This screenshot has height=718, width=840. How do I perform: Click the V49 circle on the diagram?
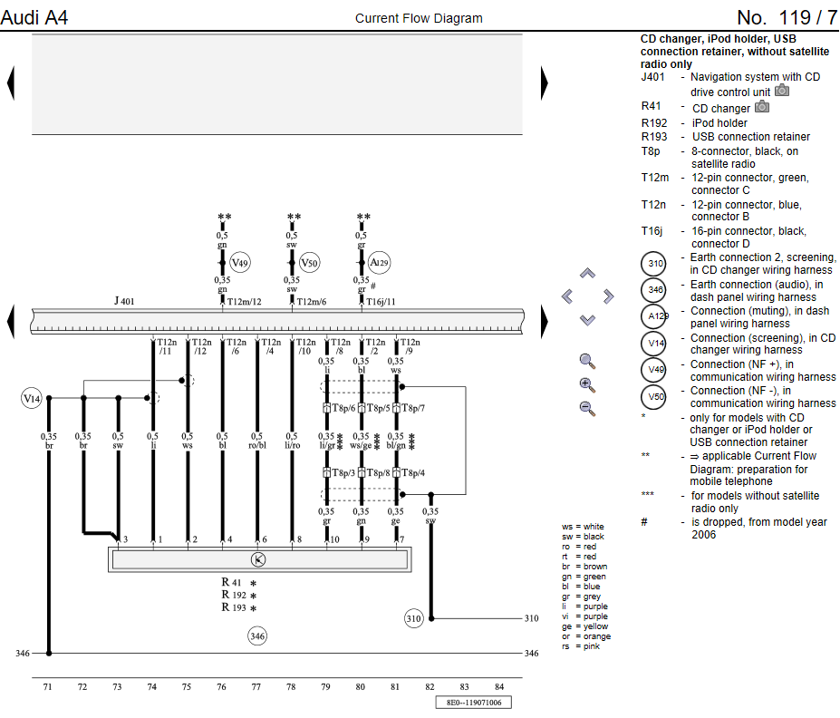[239, 263]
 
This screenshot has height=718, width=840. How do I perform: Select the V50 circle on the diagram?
[309, 263]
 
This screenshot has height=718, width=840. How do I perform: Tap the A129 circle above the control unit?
[379, 263]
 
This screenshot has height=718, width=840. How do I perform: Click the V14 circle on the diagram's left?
[32, 397]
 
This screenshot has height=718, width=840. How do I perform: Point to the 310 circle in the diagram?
[413, 619]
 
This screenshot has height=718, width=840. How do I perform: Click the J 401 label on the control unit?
[124, 300]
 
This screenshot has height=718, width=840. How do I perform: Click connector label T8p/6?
[343, 408]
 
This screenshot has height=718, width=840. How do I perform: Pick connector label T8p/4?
[412, 473]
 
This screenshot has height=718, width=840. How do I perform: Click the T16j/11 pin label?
[381, 301]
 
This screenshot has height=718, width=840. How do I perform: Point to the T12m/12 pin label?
[244, 301]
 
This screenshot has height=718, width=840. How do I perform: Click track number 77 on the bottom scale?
[256, 688]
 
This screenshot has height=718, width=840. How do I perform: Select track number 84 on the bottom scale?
[499, 688]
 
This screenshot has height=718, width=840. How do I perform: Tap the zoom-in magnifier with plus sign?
[587, 384]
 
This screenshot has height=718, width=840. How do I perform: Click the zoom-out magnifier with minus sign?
[587, 408]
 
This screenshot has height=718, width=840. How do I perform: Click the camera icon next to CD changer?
[762, 107]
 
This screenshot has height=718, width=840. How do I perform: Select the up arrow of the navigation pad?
[587, 273]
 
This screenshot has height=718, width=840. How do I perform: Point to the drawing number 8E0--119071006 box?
[474, 703]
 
